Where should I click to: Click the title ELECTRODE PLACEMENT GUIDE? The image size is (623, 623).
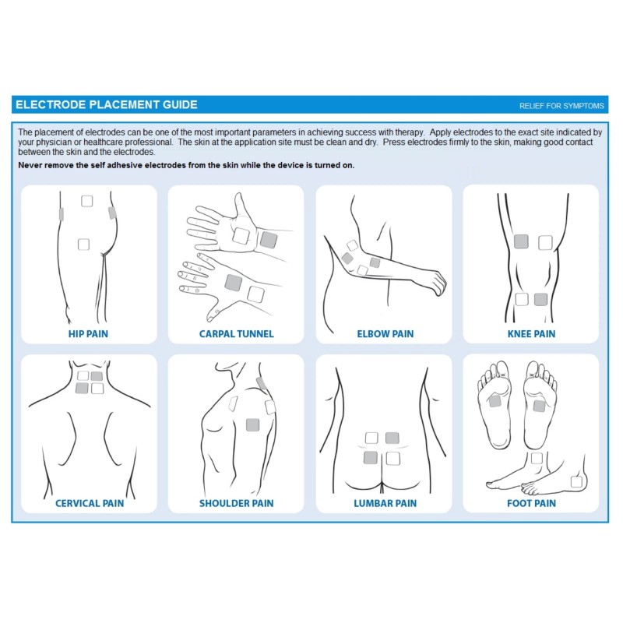pos(107,105)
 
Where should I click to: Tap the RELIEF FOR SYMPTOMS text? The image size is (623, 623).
pos(561,106)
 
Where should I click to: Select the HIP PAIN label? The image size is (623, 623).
pos(88,334)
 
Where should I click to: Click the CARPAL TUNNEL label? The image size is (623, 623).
pos(237,334)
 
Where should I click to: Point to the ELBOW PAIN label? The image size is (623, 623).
pos(385,334)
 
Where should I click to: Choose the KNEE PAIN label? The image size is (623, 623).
pos(531,334)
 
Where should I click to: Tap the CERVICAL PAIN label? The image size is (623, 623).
pos(90,503)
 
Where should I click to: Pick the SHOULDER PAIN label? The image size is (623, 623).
pos(237,503)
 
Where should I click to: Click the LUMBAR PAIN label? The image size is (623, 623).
pos(385,503)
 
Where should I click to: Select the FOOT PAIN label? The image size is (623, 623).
pos(531,503)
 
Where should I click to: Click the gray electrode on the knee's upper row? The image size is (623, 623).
pos(521,241)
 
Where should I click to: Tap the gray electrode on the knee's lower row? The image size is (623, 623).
pos(540,299)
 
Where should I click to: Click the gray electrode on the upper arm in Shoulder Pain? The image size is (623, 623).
pos(252,424)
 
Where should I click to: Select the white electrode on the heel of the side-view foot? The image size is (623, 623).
pos(576,481)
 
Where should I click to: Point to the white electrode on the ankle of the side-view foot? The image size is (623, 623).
pos(537,458)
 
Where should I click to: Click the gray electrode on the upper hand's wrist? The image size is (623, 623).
pos(269,240)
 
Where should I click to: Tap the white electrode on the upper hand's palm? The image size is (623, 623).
pos(241,236)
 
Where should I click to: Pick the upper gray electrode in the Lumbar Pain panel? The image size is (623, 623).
pos(392,438)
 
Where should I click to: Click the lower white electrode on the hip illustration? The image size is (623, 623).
pos(83,244)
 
